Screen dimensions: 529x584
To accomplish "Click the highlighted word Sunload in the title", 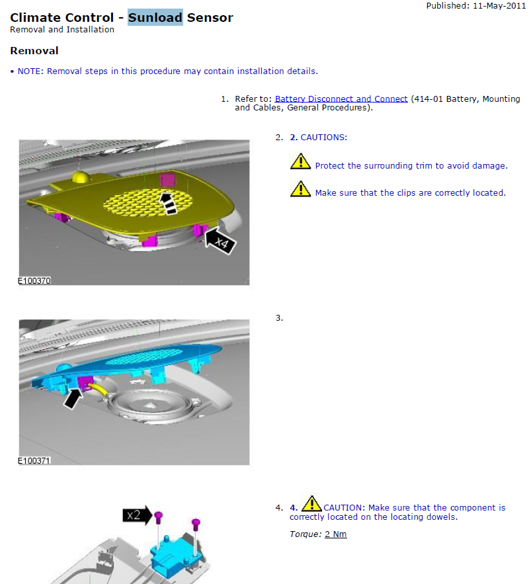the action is pyautogui.click(x=155, y=17).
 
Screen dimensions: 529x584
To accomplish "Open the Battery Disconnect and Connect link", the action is pyautogui.click(x=341, y=99).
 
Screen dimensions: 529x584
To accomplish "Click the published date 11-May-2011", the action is pyautogui.click(x=499, y=5).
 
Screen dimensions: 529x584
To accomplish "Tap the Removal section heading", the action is pyautogui.click(x=34, y=51).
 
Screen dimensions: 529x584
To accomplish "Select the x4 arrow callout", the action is pyautogui.click(x=220, y=241).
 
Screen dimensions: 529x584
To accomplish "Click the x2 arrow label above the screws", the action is pyautogui.click(x=138, y=515).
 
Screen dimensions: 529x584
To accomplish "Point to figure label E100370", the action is pyautogui.click(x=34, y=281).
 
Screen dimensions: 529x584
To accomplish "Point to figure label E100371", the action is pyautogui.click(x=34, y=461).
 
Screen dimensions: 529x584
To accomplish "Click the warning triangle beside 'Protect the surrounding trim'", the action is pyautogui.click(x=300, y=162).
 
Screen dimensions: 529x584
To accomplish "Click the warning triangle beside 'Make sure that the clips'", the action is pyautogui.click(x=300, y=189).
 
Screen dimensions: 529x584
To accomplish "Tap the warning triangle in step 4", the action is pyautogui.click(x=311, y=503).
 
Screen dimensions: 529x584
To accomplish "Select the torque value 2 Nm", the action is pyautogui.click(x=335, y=534).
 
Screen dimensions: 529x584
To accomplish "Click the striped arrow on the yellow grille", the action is pyautogui.click(x=168, y=203).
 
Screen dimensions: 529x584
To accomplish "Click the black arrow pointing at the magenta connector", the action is pyautogui.click(x=73, y=399).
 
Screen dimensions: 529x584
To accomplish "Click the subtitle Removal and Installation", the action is pyautogui.click(x=62, y=30).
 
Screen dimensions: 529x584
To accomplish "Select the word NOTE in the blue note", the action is pyautogui.click(x=30, y=71).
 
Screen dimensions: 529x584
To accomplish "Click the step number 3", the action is pyautogui.click(x=279, y=318).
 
